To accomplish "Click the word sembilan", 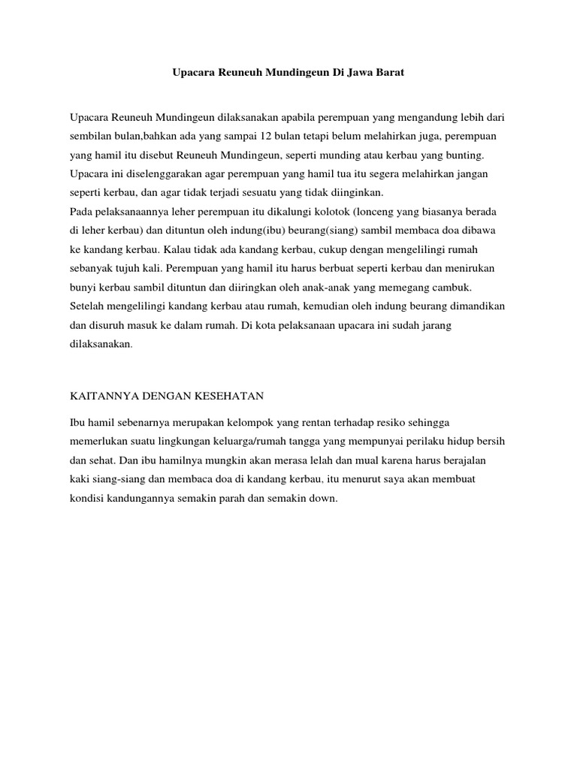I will coord(90,137).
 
